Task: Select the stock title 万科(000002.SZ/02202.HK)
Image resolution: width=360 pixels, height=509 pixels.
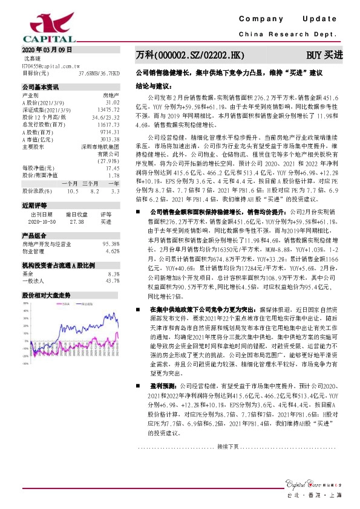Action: click(189, 55)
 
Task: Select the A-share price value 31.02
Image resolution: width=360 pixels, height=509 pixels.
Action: click(112, 102)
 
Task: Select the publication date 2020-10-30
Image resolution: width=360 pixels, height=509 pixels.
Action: click(42, 222)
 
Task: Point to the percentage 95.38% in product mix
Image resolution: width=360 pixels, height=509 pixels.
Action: click(110, 244)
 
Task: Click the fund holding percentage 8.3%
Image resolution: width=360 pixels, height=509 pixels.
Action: click(113, 273)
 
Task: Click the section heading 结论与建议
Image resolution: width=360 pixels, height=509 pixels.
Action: click(150, 86)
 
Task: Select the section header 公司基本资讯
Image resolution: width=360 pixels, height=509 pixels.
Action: click(41, 87)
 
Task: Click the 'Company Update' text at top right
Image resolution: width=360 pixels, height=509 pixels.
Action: click(291, 20)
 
